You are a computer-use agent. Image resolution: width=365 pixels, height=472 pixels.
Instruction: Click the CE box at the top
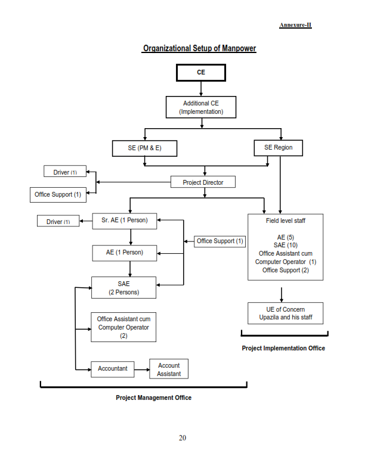(201, 73)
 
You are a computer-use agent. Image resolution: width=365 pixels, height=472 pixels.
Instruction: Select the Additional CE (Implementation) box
(201, 107)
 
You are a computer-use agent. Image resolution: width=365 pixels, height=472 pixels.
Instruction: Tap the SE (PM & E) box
(144, 148)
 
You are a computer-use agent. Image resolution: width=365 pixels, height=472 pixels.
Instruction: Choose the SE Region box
(279, 148)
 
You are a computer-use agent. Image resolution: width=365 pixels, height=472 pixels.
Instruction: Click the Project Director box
(203, 182)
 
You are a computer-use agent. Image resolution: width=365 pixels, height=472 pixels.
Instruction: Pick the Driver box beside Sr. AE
(58, 221)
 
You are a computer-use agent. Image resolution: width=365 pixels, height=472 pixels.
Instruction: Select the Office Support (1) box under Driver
(58, 194)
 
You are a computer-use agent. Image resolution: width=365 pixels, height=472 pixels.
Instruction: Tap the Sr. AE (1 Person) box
(125, 221)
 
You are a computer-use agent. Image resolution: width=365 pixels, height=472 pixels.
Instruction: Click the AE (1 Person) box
(125, 253)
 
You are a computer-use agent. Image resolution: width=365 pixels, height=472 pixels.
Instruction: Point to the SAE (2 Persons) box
(124, 287)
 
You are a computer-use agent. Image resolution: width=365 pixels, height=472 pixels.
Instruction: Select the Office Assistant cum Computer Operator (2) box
(123, 327)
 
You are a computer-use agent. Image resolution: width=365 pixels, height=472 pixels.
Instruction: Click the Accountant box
(113, 369)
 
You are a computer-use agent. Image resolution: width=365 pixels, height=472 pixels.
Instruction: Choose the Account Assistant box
(169, 369)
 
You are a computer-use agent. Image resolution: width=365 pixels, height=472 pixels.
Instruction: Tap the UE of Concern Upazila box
(286, 313)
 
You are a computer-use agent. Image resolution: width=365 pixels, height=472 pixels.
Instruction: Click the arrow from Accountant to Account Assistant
(142, 369)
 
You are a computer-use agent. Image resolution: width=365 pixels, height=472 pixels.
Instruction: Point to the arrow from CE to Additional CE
(201, 89)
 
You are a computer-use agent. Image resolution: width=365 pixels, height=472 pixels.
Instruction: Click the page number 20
(182, 437)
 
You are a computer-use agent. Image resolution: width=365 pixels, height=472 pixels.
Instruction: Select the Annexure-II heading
(295, 25)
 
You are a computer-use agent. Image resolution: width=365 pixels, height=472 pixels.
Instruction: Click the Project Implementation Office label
(283, 348)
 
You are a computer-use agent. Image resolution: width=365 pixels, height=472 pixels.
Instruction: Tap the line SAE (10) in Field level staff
(286, 245)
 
